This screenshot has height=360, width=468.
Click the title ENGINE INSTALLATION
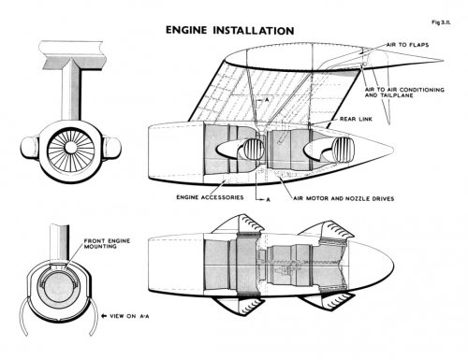tap(229, 30)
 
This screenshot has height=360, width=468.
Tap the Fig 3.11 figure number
tap(441, 22)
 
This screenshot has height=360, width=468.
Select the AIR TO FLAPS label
tap(407, 45)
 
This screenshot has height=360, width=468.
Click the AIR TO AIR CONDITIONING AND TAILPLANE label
tap(404, 93)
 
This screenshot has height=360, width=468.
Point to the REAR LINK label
tap(356, 119)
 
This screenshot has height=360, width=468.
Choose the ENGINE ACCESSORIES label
tap(210, 197)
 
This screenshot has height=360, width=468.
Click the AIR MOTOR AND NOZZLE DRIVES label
tap(344, 198)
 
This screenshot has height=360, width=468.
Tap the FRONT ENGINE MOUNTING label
tap(107, 243)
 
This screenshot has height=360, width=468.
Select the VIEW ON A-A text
tap(129, 316)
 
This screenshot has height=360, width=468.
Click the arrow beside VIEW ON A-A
tap(104, 316)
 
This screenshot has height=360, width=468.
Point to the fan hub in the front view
tap(71, 148)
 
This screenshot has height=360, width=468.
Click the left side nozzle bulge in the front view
tap(30, 147)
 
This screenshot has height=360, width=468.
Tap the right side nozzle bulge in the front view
tap(112, 147)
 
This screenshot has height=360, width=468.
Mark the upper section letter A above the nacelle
tap(267, 100)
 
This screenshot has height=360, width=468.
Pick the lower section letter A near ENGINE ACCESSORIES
tap(268, 200)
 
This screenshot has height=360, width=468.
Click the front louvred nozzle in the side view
tap(253, 149)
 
